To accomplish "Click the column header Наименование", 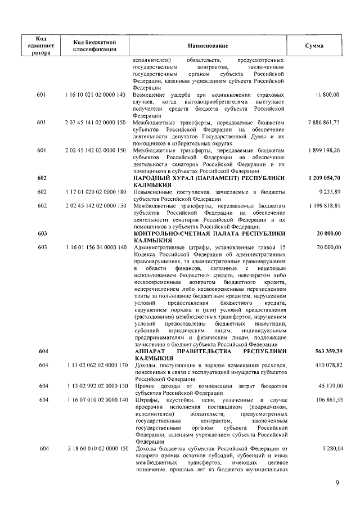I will coord(208,45).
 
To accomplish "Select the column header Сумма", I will coord(314,45).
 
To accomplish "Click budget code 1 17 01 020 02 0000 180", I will coord(94,192).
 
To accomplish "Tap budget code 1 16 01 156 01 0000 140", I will coord(94,247).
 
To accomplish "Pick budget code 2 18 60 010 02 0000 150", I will coord(94,448).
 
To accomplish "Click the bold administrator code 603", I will coord(41,233).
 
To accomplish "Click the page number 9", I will coord(337,481).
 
